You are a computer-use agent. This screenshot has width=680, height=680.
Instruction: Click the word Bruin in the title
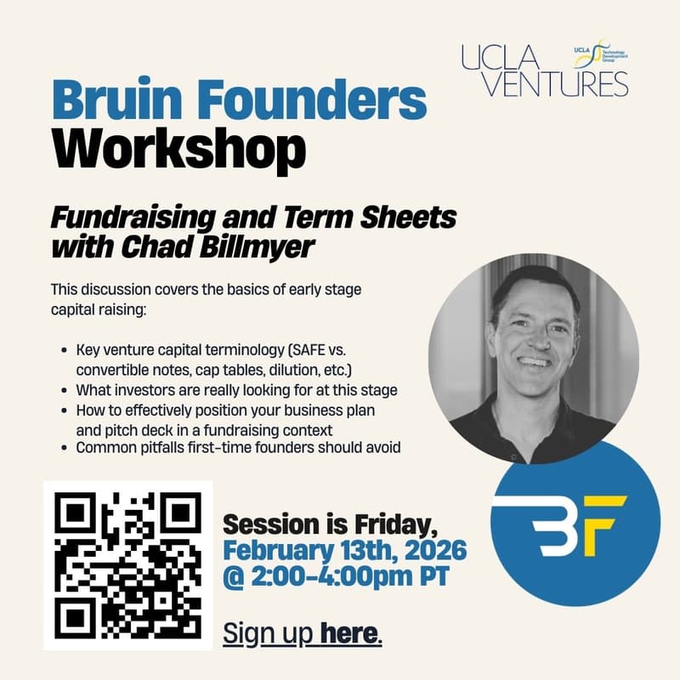[113, 101]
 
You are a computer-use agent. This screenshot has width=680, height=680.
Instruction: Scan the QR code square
[127, 564]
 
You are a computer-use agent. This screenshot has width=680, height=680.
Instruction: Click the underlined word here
[351, 633]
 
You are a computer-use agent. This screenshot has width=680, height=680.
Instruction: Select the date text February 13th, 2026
[343, 549]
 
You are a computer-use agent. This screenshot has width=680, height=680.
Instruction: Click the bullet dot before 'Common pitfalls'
[66, 447]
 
